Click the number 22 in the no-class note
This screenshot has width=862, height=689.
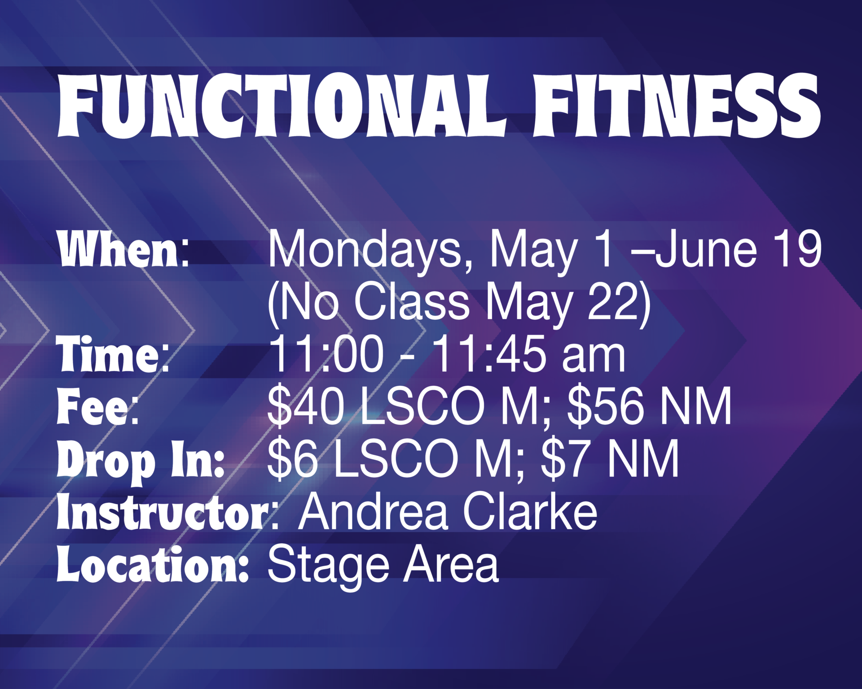click(613, 301)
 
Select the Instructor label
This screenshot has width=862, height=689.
click(163, 511)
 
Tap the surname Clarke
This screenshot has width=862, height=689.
click(530, 511)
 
